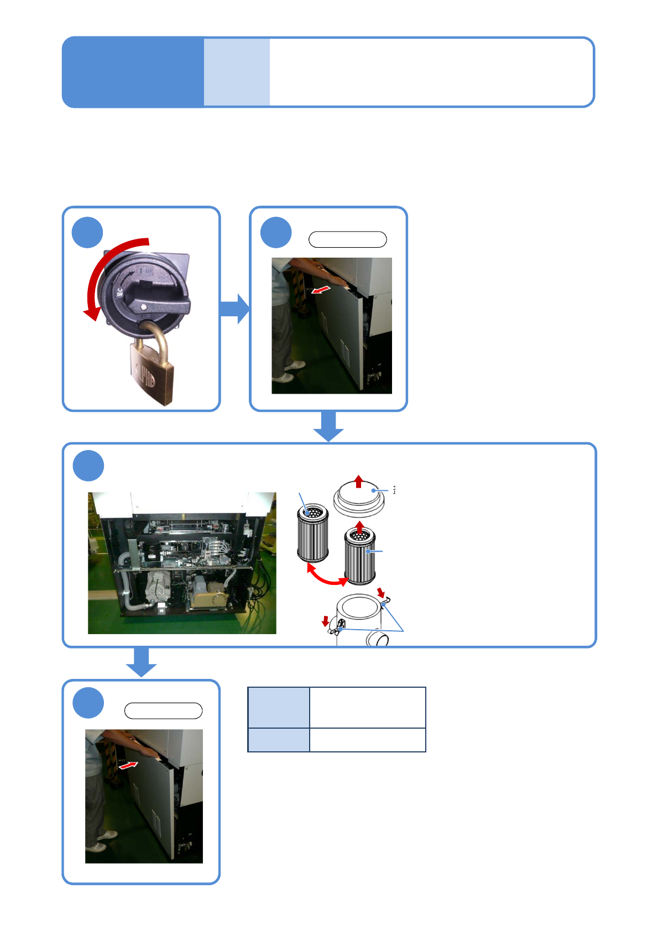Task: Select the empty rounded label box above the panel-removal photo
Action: (347, 239)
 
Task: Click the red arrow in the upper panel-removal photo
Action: (322, 289)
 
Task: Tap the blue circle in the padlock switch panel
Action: (87, 232)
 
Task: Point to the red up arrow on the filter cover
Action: (359, 481)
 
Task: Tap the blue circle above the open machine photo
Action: (88, 466)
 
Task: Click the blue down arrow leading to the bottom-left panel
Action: (142, 662)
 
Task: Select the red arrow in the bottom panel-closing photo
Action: (128, 765)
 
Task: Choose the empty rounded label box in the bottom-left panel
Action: (163, 710)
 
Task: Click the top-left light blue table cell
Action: (279, 708)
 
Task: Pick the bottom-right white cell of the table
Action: (367, 740)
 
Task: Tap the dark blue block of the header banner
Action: (133, 72)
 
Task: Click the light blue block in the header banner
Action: (237, 72)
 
